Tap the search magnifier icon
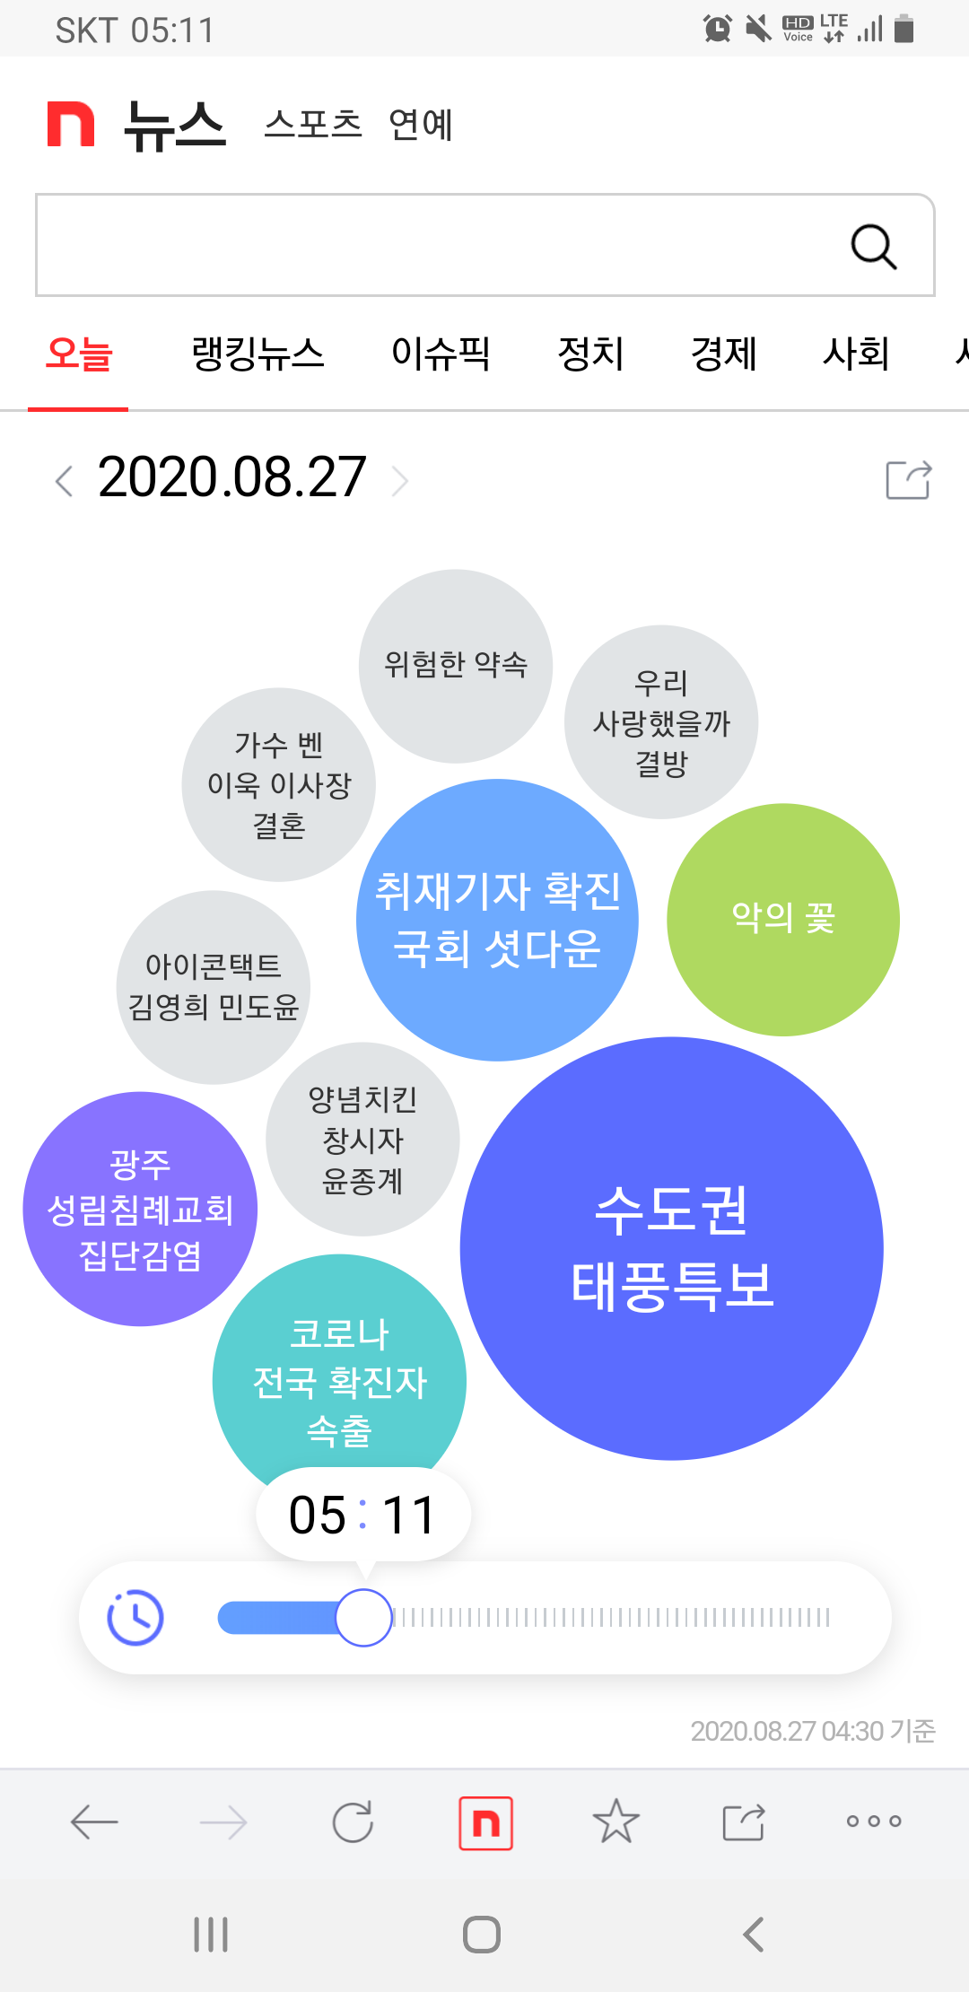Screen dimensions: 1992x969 point(873,246)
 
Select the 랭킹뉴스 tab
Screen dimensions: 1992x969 point(258,354)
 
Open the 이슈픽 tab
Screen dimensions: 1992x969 point(441,354)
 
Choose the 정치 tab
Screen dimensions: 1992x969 point(590,354)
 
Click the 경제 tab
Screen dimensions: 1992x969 point(723,354)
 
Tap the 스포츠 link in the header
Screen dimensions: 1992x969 point(312,124)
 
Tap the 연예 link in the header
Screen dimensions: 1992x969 point(421,124)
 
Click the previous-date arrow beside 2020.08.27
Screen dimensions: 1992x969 point(64,481)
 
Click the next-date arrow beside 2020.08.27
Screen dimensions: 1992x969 point(400,481)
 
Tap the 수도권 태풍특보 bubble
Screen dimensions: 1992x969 point(671,1248)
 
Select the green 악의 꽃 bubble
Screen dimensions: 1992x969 point(782,919)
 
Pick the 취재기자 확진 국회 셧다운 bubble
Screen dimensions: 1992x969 point(497,920)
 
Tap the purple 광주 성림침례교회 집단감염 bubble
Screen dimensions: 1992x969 point(140,1209)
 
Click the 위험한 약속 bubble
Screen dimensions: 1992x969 point(456,666)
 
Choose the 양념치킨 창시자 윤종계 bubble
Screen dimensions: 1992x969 point(362,1139)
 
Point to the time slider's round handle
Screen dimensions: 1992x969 point(363,1617)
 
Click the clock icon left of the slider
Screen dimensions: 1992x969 point(135,1617)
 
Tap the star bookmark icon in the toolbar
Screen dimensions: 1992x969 point(615,1822)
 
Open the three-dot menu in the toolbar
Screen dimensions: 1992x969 point(873,1822)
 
